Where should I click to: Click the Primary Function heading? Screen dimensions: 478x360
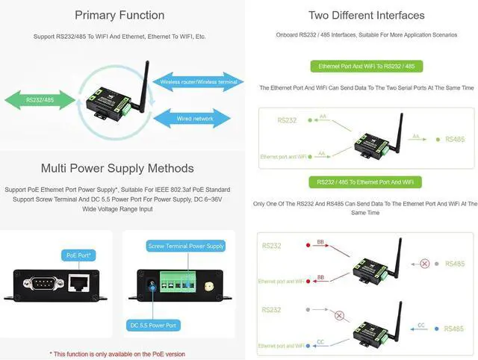pyautogui.click(x=119, y=15)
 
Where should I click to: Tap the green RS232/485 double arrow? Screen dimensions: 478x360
pyautogui.click(x=39, y=99)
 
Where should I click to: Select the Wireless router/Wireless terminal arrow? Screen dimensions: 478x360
pyautogui.click(x=198, y=81)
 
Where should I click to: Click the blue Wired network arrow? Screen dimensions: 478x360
pyautogui.click(x=195, y=118)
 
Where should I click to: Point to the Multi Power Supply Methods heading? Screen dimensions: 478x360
pyautogui.click(x=117, y=168)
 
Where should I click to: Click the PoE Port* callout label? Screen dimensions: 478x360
pyautogui.click(x=78, y=255)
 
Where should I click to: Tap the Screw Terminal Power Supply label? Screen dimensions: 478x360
pyautogui.click(x=186, y=246)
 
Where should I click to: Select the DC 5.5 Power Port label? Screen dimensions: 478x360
pyautogui.click(x=152, y=325)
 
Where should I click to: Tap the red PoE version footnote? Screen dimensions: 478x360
pyautogui.click(x=117, y=353)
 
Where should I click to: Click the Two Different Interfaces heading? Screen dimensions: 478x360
pyautogui.click(x=366, y=15)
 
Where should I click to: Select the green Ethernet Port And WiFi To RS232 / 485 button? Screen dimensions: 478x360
pyautogui.click(x=366, y=66)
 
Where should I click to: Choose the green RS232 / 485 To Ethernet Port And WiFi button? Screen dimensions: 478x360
pyautogui.click(x=366, y=182)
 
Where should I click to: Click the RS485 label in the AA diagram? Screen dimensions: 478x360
pyautogui.click(x=454, y=139)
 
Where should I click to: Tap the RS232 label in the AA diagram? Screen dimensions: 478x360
pyautogui.click(x=287, y=119)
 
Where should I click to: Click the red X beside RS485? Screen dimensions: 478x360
pyautogui.click(x=425, y=264)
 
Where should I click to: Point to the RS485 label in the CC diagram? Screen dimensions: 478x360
pyautogui.click(x=454, y=329)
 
